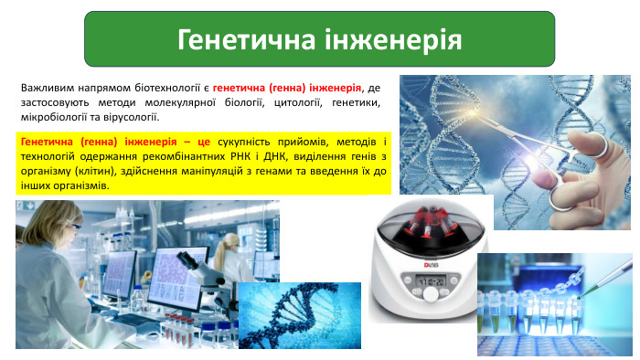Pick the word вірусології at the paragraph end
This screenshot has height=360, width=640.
[x=131, y=118]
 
